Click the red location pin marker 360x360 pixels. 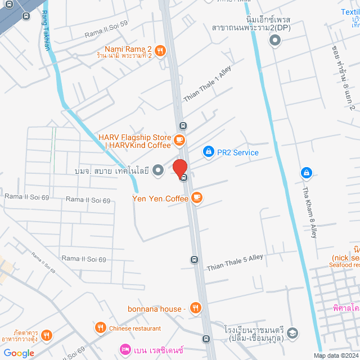[179, 168]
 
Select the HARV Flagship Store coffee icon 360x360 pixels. [179, 139]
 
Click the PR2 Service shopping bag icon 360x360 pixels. [208, 152]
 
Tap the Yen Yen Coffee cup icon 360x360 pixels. [196, 197]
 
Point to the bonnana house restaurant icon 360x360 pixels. [195, 308]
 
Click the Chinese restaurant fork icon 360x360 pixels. [100, 328]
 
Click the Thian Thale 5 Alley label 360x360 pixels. [235, 261]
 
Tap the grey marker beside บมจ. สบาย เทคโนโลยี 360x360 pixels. [159, 169]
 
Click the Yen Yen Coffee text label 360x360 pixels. [160, 198]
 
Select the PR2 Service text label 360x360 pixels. [238, 152]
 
